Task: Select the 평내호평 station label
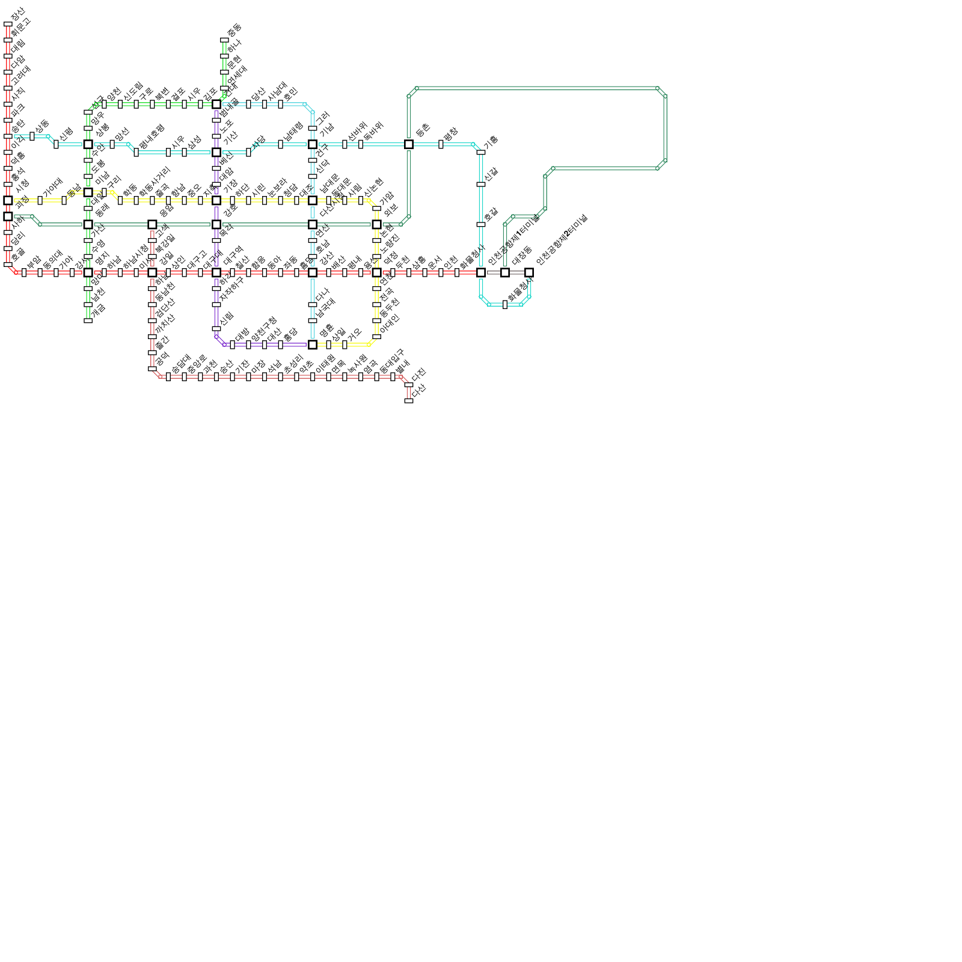tap(151, 136)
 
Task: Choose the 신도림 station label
tap(133, 91)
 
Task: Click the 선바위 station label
tap(357, 131)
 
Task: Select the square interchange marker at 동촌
tap(409, 144)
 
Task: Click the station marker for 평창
tap(441, 144)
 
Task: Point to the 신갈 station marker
tap(481, 185)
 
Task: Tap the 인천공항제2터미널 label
tap(562, 239)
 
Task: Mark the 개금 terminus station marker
tap(88, 320)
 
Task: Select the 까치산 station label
tap(165, 324)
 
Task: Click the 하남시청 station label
tap(135, 257)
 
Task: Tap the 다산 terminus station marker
tap(409, 400)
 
